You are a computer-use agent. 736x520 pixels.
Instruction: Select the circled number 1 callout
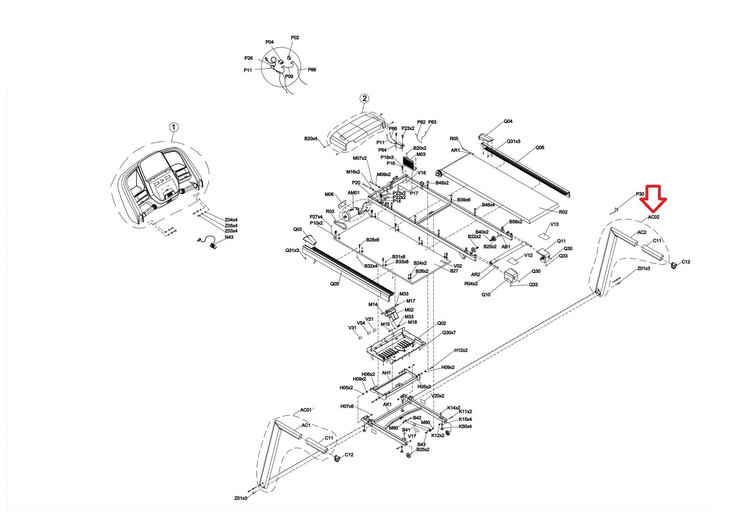click(174, 127)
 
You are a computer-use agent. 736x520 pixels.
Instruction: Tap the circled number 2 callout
click(364, 98)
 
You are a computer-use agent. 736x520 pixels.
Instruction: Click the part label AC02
click(653, 217)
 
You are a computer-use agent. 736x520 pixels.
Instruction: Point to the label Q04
click(508, 121)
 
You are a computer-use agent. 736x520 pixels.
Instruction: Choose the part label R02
click(563, 212)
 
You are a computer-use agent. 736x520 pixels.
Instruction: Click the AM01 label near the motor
click(354, 193)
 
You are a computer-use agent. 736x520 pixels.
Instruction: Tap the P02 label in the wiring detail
click(295, 38)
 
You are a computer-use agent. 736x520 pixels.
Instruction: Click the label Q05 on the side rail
click(334, 284)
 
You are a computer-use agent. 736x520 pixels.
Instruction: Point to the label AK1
click(387, 405)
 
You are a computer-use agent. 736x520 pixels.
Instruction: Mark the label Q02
click(441, 323)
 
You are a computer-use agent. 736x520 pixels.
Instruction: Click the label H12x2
click(461, 350)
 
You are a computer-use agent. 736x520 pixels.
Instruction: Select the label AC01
click(306, 410)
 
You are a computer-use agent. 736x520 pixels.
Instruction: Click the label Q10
click(486, 295)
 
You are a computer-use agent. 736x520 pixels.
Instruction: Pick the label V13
click(554, 224)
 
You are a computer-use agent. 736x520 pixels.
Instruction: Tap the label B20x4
click(310, 138)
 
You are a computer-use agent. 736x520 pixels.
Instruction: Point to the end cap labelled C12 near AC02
click(674, 265)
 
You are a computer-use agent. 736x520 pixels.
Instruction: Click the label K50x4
click(465, 427)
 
